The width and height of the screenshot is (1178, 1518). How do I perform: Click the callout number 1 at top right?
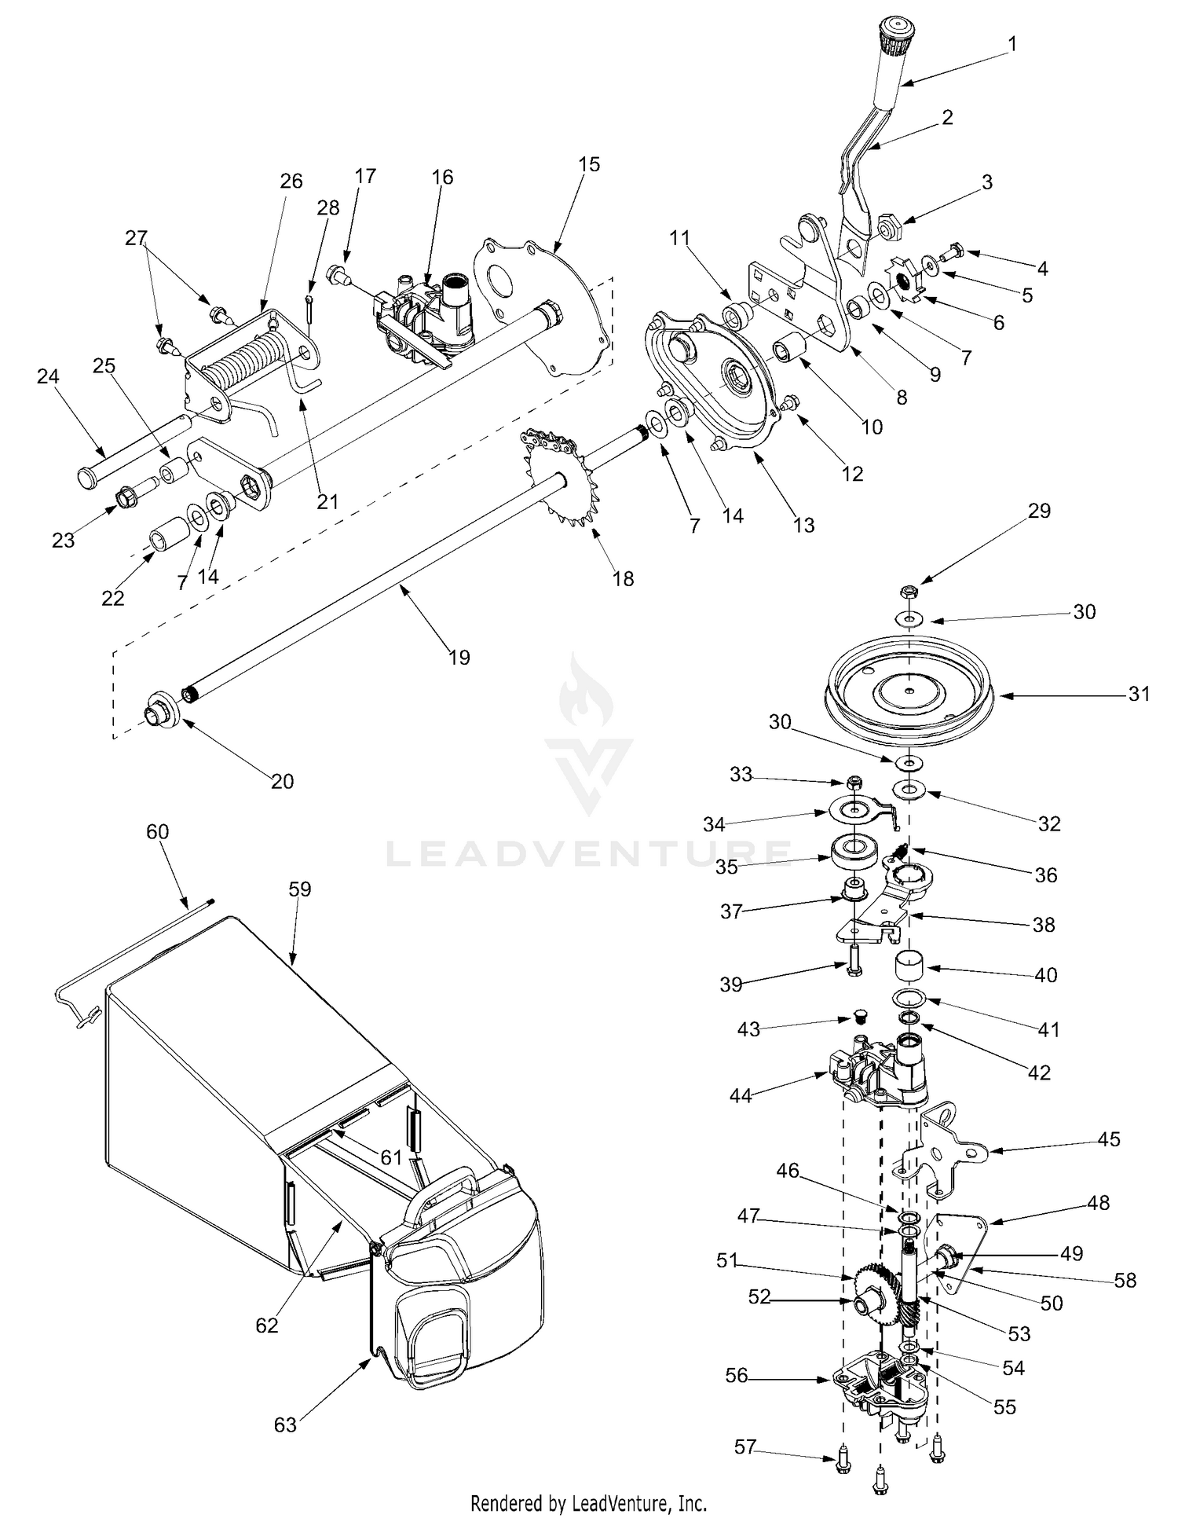tap(1012, 44)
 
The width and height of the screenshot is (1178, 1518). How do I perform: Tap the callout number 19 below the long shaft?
tap(459, 657)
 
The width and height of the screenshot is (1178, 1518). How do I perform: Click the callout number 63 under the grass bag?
tap(285, 1423)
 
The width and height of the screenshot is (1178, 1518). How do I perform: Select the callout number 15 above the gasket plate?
tap(589, 164)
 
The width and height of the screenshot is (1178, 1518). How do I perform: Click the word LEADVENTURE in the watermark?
tap(589, 854)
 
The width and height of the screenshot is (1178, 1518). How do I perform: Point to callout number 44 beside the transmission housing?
tap(741, 1095)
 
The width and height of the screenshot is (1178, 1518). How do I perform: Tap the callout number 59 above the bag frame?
tap(300, 889)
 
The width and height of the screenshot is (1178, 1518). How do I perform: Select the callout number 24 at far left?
tap(48, 376)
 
